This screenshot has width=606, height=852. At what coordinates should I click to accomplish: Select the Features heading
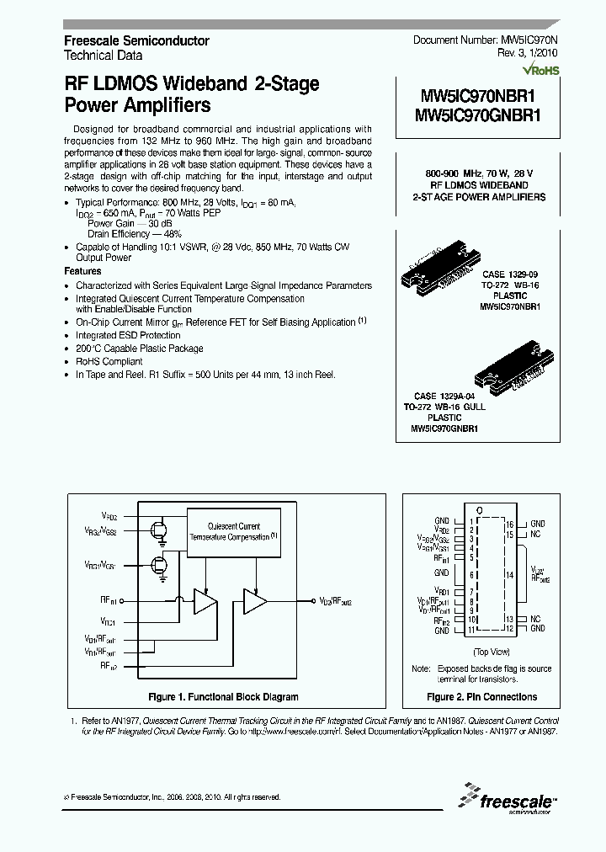click(82, 272)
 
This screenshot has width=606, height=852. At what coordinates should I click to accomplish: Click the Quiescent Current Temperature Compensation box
click(234, 531)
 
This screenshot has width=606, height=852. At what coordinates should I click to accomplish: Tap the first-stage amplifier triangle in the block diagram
click(205, 600)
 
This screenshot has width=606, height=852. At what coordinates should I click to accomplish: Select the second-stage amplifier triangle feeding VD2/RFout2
click(254, 600)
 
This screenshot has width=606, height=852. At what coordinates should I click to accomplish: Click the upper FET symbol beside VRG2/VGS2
click(158, 529)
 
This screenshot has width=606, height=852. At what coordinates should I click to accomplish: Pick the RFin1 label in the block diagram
click(109, 600)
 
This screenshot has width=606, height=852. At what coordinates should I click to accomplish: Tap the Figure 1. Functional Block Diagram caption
click(223, 697)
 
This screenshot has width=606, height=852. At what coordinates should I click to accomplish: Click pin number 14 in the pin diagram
click(509, 575)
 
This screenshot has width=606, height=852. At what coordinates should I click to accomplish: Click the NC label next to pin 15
click(535, 534)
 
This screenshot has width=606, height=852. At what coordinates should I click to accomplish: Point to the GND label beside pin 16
click(537, 523)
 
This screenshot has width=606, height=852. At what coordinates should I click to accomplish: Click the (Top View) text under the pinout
click(491, 651)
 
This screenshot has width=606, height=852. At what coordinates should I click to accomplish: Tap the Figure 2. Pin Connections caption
click(481, 697)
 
